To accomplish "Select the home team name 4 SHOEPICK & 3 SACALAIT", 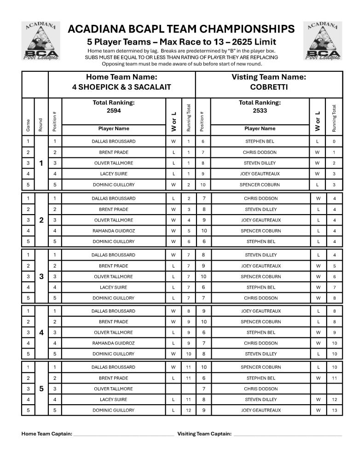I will (121, 87).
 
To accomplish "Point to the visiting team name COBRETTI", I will (269, 87).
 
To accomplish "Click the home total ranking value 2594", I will (113, 110).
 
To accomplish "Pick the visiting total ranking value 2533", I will (260, 110).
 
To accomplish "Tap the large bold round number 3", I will (41, 277).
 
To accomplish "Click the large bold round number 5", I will (41, 389).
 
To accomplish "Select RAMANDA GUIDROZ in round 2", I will (113, 231).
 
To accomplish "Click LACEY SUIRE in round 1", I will (113, 174).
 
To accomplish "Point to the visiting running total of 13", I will (334, 410).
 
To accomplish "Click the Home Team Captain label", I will (47, 434).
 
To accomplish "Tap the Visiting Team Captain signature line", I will (287, 435).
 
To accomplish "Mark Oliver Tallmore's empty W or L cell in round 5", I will (173, 389).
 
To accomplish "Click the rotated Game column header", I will (28, 125).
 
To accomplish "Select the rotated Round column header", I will (41, 125).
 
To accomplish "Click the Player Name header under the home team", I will (113, 128).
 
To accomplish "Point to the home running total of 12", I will (188, 410).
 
